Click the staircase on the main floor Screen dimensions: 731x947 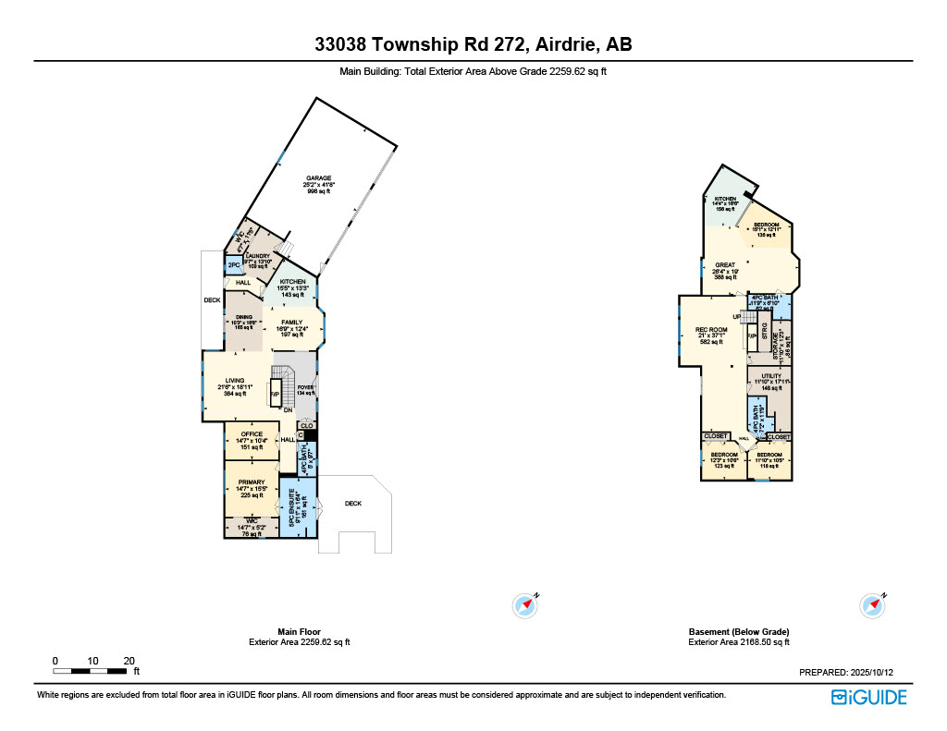pos(281,383)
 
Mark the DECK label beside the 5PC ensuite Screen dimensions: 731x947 pos(353,504)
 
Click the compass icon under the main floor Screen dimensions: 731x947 pos(525,605)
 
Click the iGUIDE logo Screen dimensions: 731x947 pos(868,697)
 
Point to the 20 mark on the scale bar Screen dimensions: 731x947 pos(129,661)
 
